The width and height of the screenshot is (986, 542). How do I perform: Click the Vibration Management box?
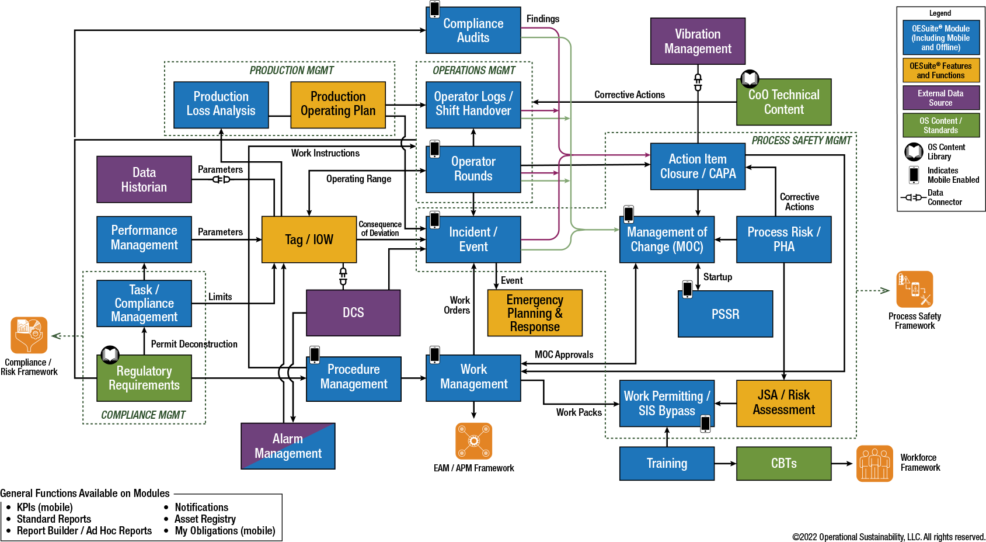698,41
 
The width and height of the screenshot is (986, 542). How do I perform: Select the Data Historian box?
144,179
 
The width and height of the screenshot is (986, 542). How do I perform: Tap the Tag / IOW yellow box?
309,239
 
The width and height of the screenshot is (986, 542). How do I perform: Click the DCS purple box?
353,312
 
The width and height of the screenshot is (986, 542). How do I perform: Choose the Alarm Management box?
288,446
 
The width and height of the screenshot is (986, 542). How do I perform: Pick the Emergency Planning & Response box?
535,313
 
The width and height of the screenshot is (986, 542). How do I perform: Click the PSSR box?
725,314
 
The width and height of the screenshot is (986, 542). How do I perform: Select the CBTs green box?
783,463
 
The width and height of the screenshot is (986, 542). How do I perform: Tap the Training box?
667,463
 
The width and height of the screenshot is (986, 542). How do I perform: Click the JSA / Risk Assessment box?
783,403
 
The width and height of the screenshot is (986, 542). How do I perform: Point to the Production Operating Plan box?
338,105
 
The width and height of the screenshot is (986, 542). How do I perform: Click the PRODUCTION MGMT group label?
291,71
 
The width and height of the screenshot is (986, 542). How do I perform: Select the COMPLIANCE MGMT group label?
143,415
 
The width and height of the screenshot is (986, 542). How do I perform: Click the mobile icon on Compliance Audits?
435,9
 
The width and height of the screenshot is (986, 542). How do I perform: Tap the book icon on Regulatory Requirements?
110,355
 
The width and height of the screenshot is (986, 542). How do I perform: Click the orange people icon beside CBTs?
874,464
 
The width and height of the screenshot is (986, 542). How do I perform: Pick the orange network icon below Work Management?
473,441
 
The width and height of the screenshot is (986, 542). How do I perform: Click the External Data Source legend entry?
940,98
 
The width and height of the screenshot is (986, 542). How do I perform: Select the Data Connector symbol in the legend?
913,197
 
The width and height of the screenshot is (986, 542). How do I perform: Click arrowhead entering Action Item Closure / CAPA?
647,155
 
